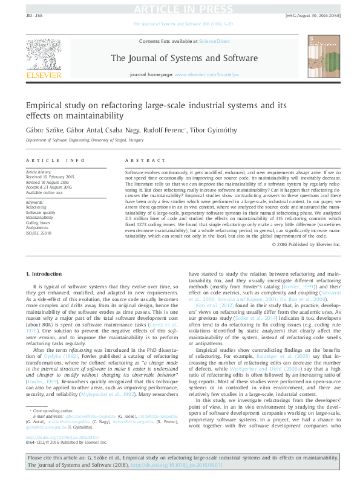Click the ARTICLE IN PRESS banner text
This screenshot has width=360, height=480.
point(180,8)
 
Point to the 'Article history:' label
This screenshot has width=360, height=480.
point(38,172)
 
